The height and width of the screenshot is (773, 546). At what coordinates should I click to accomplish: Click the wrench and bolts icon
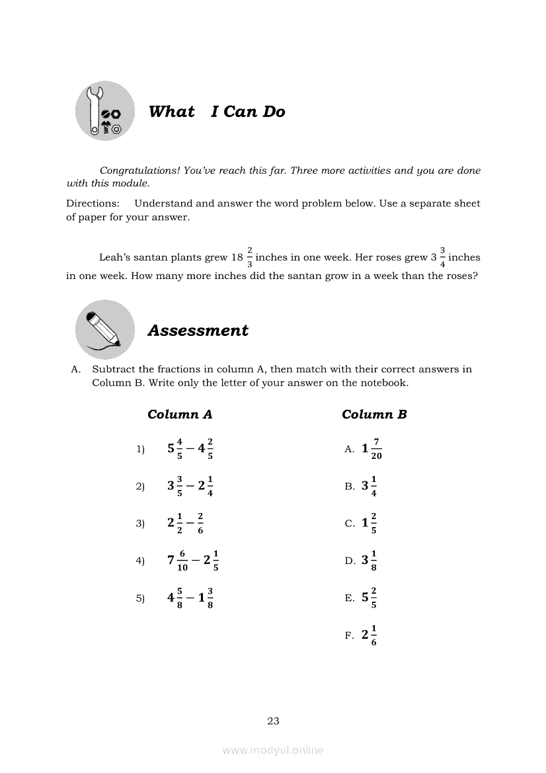point(104,112)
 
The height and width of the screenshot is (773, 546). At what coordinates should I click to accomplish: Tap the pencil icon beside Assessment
point(104,329)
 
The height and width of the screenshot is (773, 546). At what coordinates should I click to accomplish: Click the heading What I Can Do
point(217,112)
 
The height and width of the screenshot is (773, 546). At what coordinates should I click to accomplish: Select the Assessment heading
point(198,331)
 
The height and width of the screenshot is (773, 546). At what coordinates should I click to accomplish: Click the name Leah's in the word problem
point(117,258)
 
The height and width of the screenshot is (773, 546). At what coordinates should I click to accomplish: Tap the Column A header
point(180,415)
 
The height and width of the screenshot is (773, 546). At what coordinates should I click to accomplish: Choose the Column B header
point(374,415)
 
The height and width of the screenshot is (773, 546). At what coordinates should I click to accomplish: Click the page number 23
point(273,721)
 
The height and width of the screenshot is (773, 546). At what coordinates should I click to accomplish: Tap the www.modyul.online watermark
point(273,751)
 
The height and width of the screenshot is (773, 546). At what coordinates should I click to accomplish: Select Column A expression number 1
point(190,448)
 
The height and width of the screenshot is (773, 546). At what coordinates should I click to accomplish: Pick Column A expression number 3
point(186,522)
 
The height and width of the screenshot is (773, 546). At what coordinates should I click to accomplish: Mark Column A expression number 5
point(190,598)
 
